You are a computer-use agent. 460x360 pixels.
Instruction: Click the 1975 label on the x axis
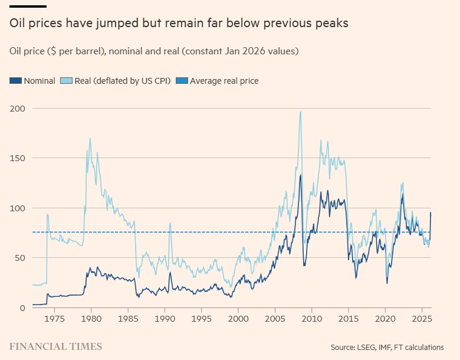pos(53,319)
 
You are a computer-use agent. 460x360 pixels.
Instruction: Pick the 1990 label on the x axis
pos(164,319)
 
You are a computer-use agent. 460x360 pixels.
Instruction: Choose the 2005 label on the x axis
pos(274,319)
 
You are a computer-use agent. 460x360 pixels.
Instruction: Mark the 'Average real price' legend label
pos(224,81)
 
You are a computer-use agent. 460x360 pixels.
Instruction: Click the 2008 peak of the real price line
pos(301,112)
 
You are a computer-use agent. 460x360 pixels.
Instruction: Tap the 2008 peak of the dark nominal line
pos(300,175)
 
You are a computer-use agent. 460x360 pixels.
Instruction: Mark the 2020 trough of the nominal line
pos(387,283)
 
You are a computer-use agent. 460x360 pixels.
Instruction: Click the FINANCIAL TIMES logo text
pos(55,346)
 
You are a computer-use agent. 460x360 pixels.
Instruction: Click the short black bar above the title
pos(28,6)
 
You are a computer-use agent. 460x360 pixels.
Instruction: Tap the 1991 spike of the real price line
pos(170,223)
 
